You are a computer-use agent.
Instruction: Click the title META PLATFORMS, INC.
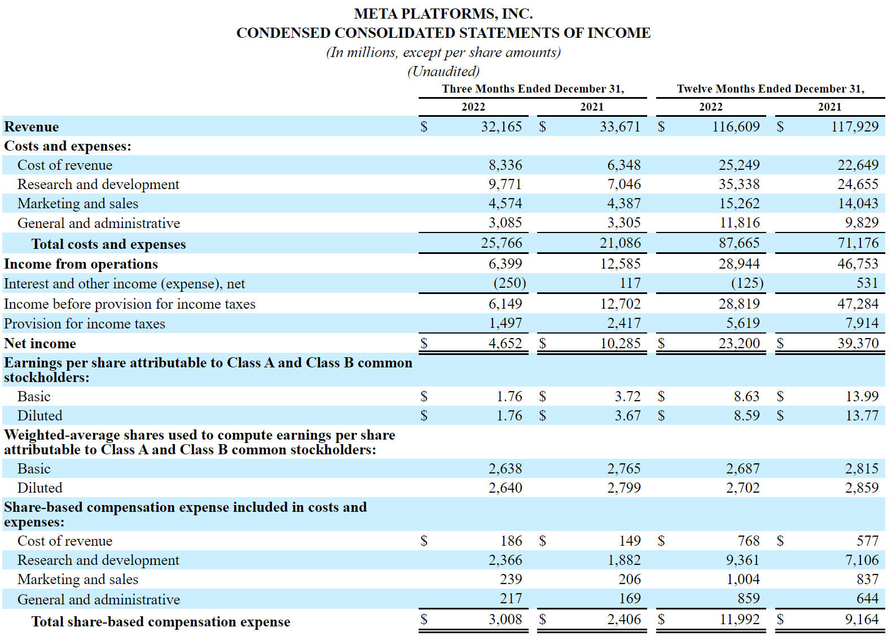443,14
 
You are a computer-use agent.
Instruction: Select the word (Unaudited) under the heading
443,71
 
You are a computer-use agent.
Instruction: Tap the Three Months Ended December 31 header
533,89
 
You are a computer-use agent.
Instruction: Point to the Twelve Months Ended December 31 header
771,89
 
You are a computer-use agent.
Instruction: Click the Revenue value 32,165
501,126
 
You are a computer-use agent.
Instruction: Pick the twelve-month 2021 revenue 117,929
855,126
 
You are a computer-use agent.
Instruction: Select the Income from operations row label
81,264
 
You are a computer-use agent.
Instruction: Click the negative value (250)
509,283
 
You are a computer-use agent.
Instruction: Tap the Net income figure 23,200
739,343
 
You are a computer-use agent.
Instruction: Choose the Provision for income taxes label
85,323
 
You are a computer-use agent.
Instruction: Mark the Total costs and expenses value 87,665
739,243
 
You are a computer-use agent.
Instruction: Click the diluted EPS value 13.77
862,415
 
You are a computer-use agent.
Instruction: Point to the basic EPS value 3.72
627,396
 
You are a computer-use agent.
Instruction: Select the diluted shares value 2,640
505,488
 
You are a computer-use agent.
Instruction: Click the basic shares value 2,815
862,468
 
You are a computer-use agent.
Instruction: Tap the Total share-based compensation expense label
161,622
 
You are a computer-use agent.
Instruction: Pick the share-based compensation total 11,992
739,619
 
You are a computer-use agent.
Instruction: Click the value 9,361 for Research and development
742,560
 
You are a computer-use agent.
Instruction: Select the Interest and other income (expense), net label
124,283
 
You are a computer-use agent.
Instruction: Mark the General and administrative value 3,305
624,222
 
